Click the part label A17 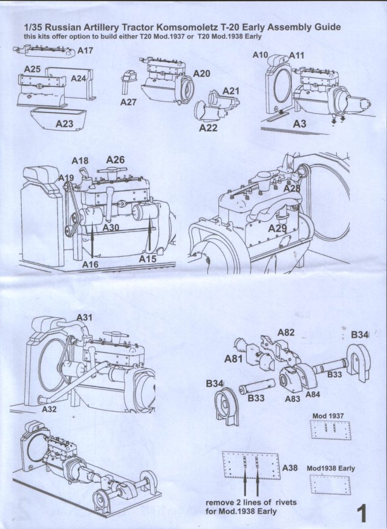[85, 51]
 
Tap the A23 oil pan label [65, 123]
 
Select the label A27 [128, 103]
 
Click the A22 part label [208, 128]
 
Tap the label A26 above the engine [115, 160]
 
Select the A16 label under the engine [90, 264]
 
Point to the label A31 [85, 318]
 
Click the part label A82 [286, 333]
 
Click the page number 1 [362, 513]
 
